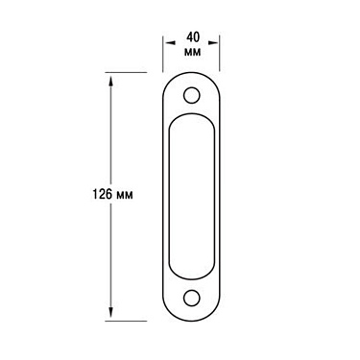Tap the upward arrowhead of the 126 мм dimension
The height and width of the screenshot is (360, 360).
114,79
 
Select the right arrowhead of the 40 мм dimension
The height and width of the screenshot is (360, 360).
216,41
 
